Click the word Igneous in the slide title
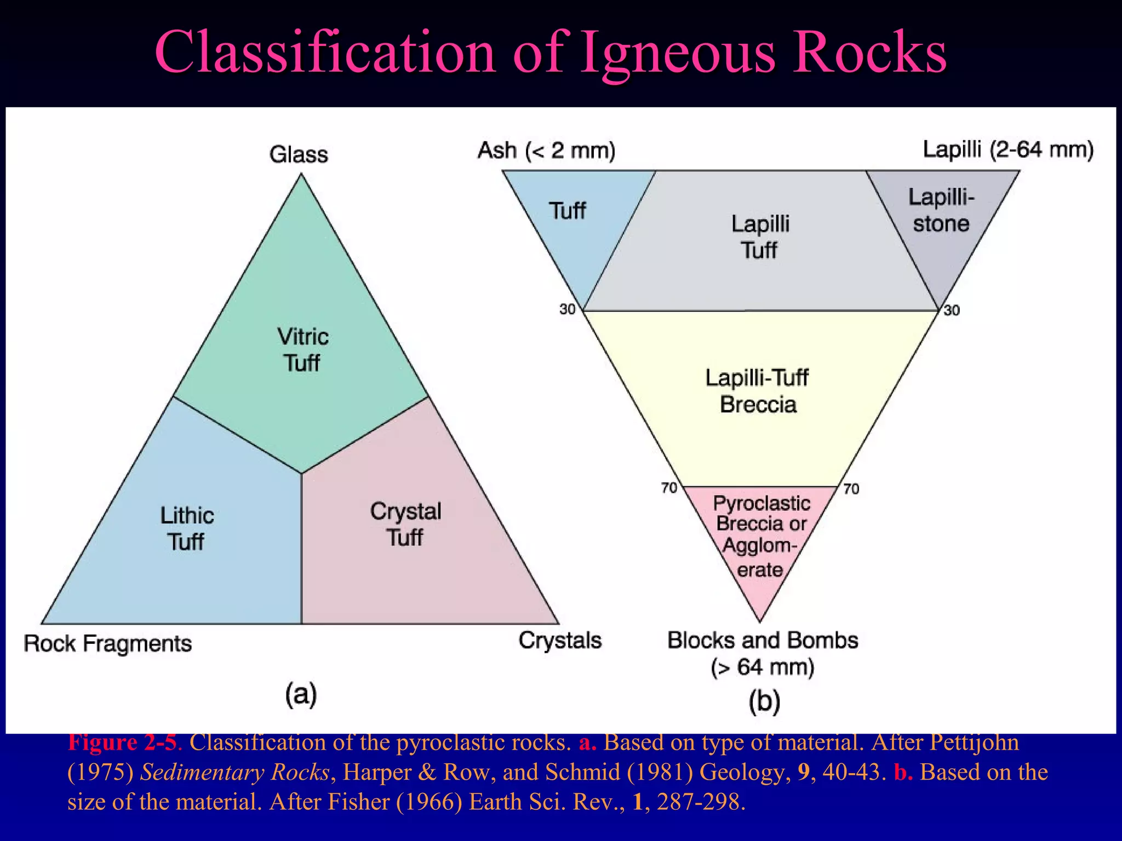pyautogui.click(x=677, y=53)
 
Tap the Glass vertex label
pyautogui.click(x=299, y=154)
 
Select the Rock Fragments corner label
pyautogui.click(x=107, y=643)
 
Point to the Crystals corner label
pyautogui.click(x=560, y=640)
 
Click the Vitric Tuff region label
pyautogui.click(x=302, y=349)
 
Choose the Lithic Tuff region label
pyautogui.click(x=186, y=528)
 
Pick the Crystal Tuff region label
pyautogui.click(x=405, y=524)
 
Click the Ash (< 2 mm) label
pyautogui.click(x=546, y=150)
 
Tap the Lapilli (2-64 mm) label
pyautogui.click(x=1008, y=149)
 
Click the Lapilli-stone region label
pyautogui.click(x=941, y=210)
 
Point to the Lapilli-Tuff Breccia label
pyautogui.click(x=758, y=391)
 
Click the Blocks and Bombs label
pyautogui.click(x=762, y=641)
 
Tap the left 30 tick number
pyautogui.click(x=567, y=309)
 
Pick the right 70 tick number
pyautogui.click(x=851, y=488)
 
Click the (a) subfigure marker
pyautogui.click(x=301, y=694)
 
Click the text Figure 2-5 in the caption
pyautogui.click(x=123, y=743)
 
